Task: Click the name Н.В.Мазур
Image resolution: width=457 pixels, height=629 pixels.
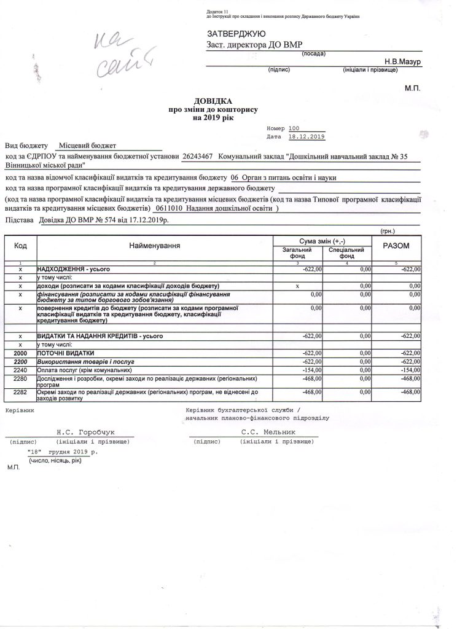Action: pos(402,62)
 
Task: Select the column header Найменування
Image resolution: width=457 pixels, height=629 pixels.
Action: pos(154,245)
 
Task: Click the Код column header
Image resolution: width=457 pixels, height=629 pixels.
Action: pos(20,245)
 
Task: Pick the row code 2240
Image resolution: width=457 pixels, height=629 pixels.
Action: pos(20,370)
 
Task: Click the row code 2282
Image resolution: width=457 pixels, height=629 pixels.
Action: pos(20,391)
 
